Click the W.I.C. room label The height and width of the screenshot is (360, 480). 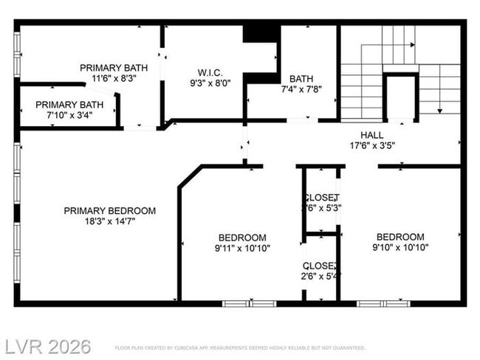tap(210, 72)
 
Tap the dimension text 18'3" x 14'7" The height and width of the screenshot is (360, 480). tap(109, 221)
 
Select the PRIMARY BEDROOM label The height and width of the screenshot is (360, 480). tap(109, 210)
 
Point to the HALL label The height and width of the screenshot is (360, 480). tap(371, 135)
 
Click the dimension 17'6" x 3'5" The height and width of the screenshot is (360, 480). tap(371, 145)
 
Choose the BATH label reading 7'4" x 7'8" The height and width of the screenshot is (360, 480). tap(301, 78)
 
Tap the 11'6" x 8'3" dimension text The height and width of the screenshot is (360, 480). tap(114, 78)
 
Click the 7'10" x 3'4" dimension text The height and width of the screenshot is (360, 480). tap(64, 114)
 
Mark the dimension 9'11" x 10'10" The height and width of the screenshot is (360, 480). tap(241, 248)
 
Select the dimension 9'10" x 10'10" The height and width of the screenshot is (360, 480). tap(401, 248)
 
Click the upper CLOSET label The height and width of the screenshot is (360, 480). tap(321, 198)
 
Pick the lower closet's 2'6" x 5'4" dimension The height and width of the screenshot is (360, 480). tap(321, 276)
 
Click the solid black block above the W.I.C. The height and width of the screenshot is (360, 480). tap(261, 32)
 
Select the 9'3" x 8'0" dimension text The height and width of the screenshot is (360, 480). tap(210, 83)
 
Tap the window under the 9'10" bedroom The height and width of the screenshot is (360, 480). tap(384, 302)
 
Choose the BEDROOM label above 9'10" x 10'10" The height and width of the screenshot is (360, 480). tap(401, 237)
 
